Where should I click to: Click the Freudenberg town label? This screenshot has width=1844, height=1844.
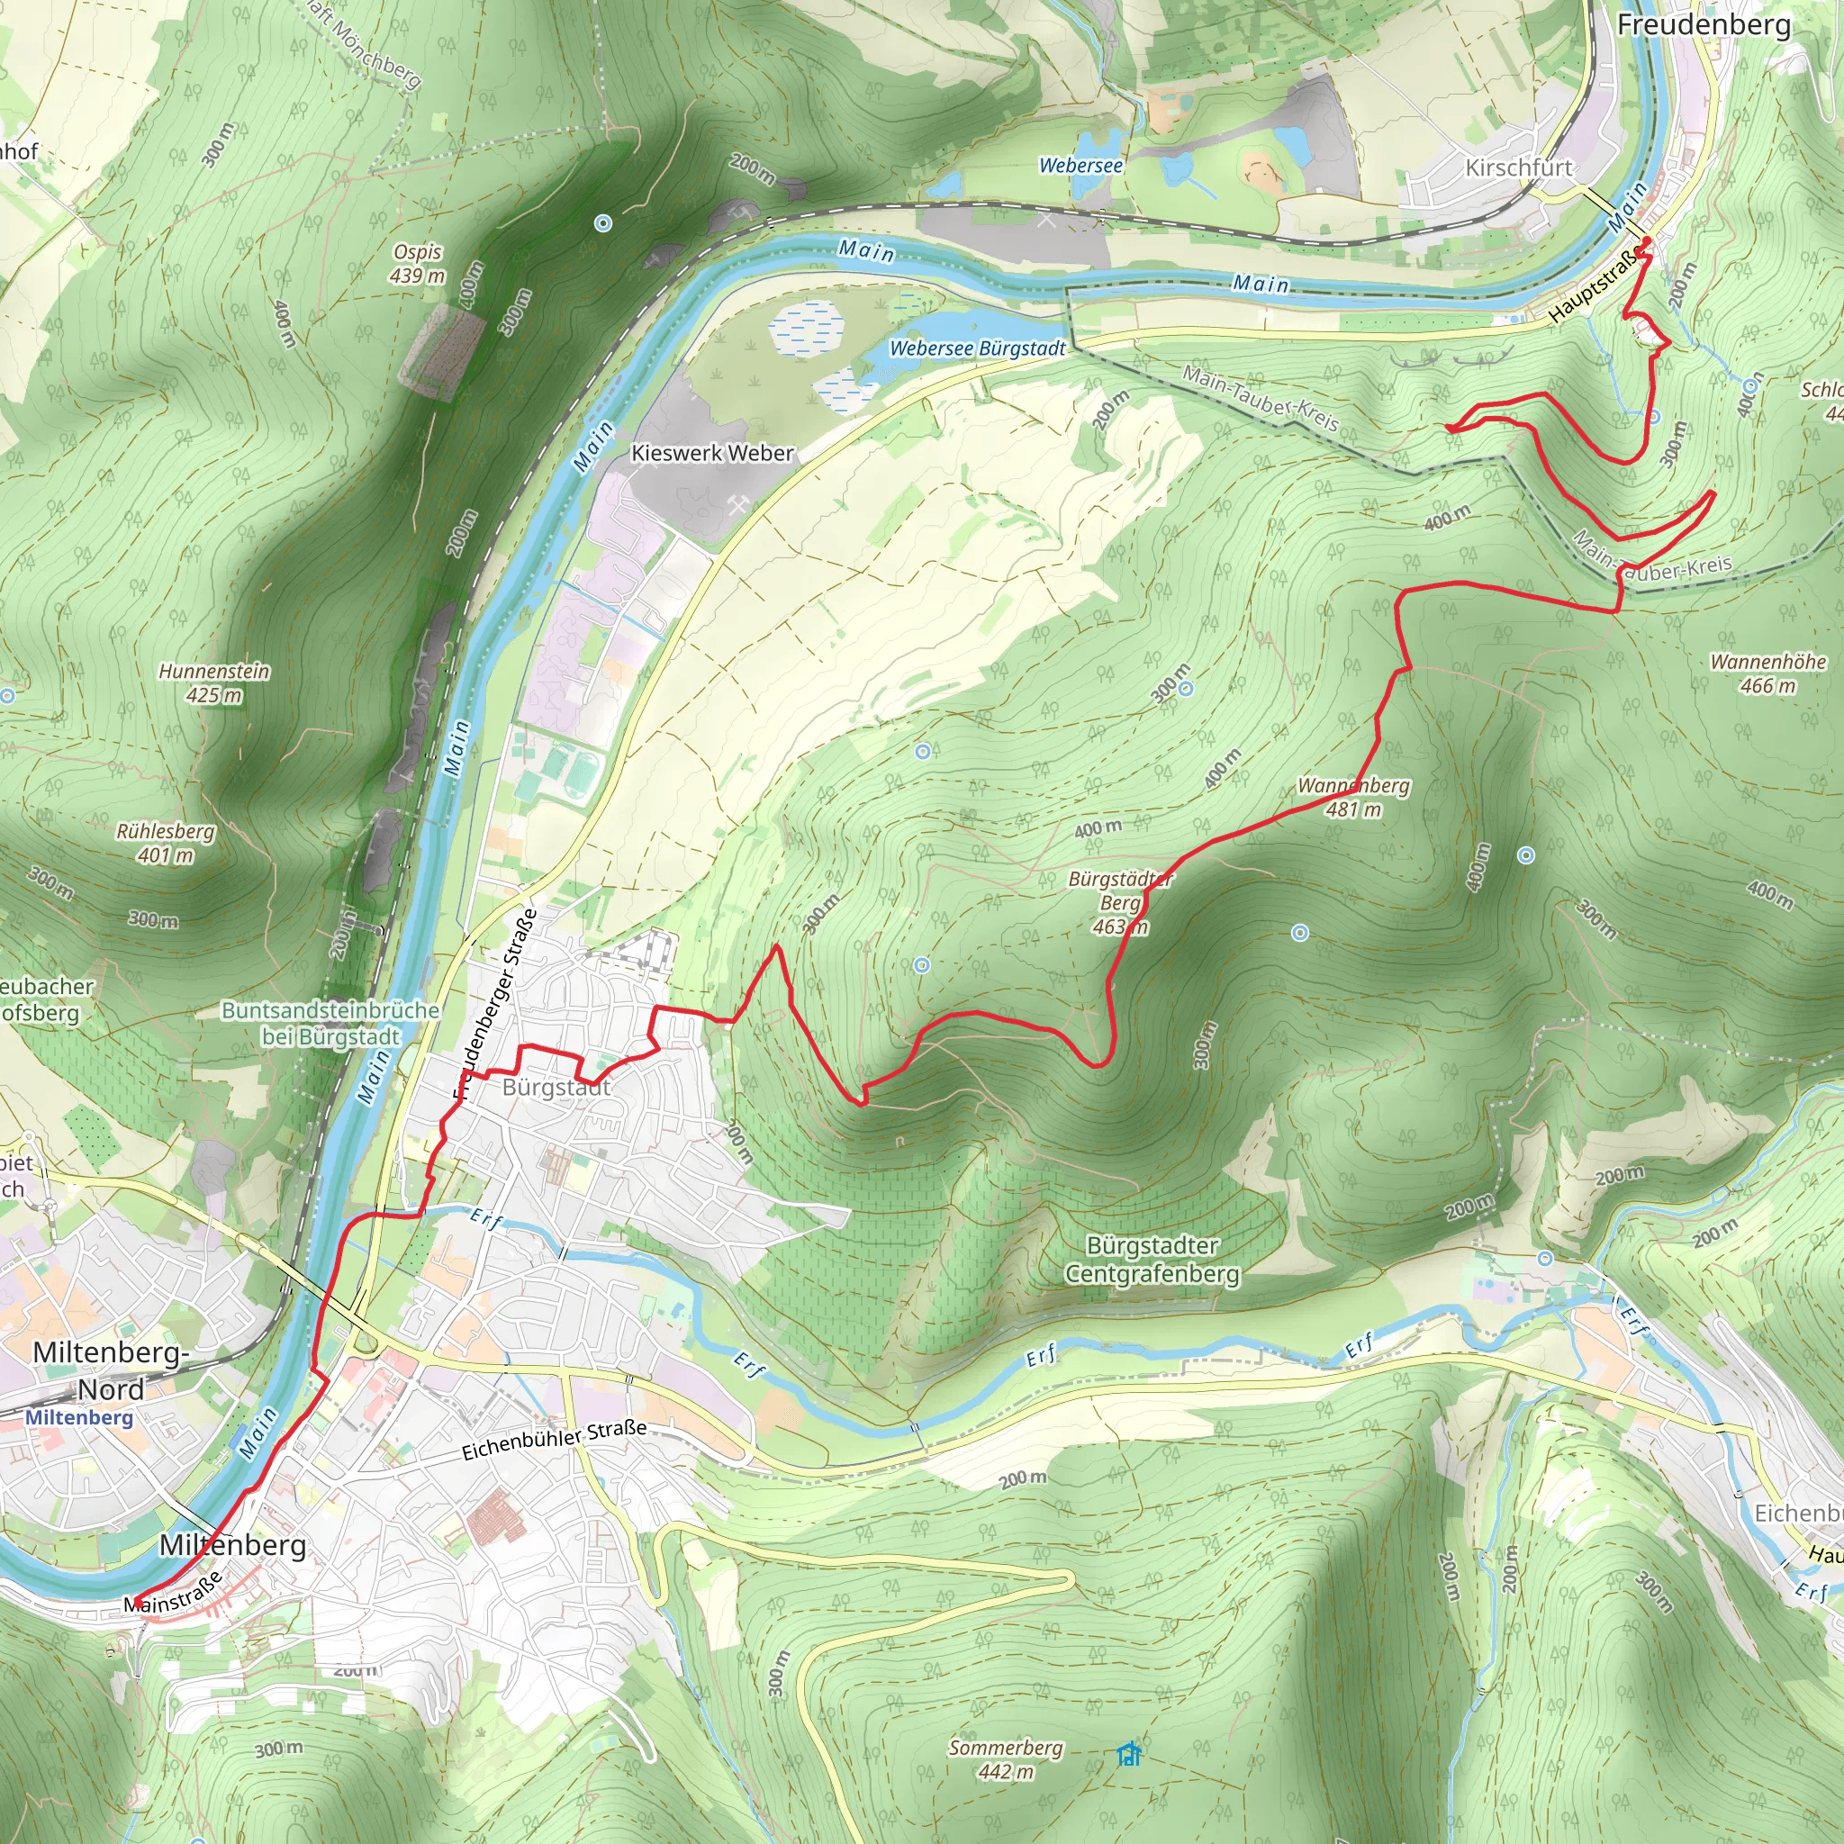click(x=1703, y=24)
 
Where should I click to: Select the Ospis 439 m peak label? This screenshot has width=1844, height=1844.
click(x=417, y=264)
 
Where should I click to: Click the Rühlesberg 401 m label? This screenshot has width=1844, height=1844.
click(x=165, y=843)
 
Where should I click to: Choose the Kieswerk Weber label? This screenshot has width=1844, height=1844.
click(x=712, y=454)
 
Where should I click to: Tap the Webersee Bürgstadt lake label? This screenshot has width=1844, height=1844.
click(x=976, y=348)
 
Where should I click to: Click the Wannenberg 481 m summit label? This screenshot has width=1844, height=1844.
click(x=1352, y=797)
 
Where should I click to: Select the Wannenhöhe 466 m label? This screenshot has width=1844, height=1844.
click(x=1767, y=673)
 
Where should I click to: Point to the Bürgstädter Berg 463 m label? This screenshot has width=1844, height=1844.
click(x=1120, y=902)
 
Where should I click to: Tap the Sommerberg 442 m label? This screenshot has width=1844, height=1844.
click(x=1005, y=1759)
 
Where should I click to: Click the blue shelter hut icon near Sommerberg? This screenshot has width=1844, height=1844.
click(x=1129, y=1753)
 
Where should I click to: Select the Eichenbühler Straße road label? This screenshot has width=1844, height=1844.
click(x=554, y=1440)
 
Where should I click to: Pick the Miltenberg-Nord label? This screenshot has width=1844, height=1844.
click(x=111, y=1370)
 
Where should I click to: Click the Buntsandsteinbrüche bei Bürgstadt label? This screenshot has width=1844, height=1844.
click(x=330, y=1022)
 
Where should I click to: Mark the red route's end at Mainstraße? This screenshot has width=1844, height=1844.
click(x=136, y=1602)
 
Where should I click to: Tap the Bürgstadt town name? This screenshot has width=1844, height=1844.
click(x=556, y=1087)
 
